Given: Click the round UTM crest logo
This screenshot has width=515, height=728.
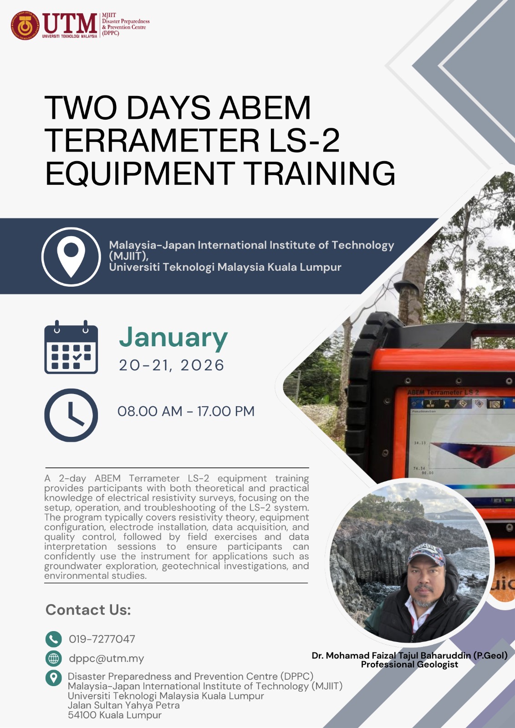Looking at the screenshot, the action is (x=25, y=25).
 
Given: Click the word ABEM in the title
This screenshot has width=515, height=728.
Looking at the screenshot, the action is (x=265, y=107).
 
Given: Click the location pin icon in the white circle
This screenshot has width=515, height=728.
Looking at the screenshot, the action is (x=71, y=257).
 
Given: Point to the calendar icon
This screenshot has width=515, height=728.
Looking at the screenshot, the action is (x=71, y=347).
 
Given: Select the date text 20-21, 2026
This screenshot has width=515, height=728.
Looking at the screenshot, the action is (x=172, y=365).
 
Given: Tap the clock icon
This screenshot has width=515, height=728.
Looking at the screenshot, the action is (x=71, y=415).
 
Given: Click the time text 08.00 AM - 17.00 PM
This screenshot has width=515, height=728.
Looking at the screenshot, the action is (x=186, y=411).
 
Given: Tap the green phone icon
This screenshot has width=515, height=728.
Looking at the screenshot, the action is (x=53, y=639).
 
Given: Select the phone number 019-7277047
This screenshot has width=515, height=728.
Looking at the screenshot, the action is (x=102, y=639).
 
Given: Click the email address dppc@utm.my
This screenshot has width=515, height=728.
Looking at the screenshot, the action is (x=107, y=658).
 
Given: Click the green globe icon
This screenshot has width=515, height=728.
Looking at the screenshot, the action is (x=53, y=659).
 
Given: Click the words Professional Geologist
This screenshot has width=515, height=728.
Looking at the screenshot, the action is (x=409, y=664).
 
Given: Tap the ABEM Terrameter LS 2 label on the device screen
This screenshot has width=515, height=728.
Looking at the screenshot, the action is (x=443, y=392).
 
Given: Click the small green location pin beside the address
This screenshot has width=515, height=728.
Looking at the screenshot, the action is (x=53, y=678).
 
